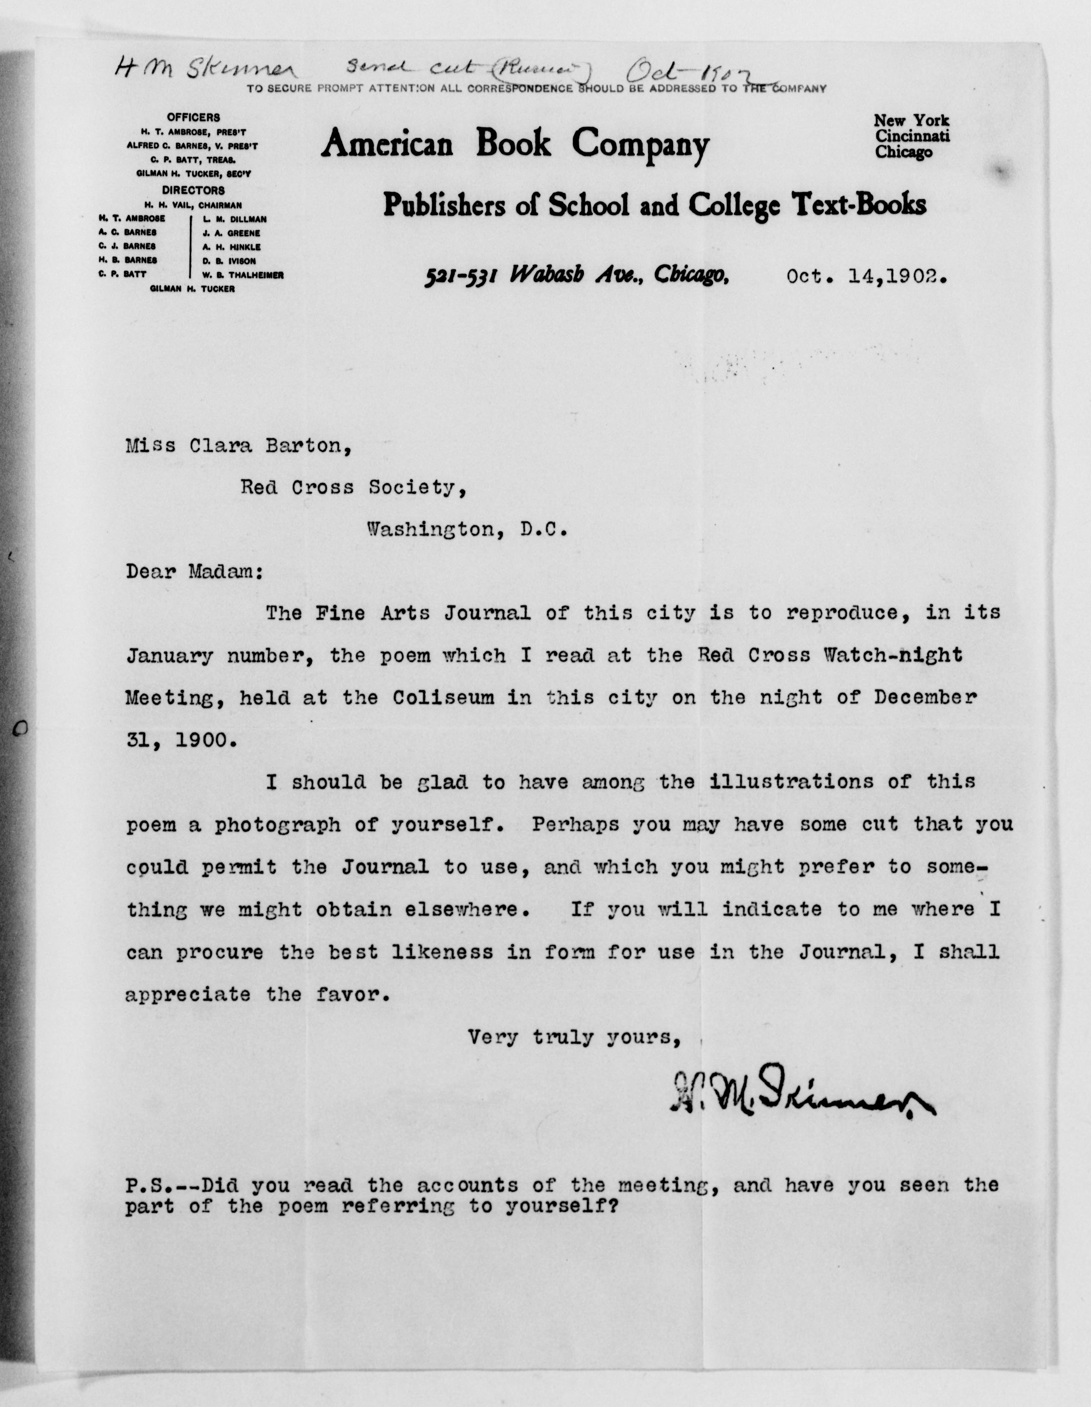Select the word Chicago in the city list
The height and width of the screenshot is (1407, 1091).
tap(904, 153)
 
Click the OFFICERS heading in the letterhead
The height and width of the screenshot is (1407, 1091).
tap(193, 117)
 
